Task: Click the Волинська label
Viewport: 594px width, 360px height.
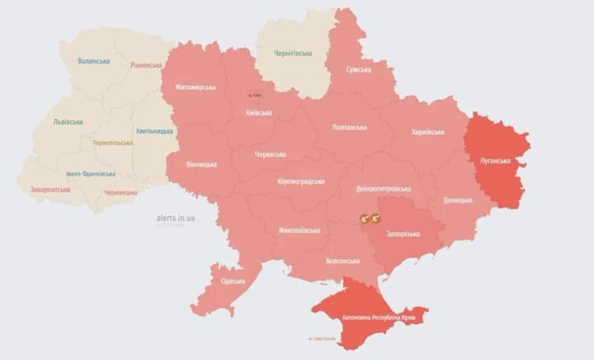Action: [94, 61]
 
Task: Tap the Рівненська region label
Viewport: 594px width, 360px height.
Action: [146, 64]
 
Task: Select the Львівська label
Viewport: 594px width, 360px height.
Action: [68, 121]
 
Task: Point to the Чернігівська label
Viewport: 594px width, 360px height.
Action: [293, 54]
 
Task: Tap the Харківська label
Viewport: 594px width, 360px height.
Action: [428, 131]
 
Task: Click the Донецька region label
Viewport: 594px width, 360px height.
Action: [458, 200]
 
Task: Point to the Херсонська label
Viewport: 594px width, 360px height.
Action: [342, 261]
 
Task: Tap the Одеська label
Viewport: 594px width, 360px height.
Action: [233, 281]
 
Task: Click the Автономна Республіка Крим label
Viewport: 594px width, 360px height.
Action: [373, 317]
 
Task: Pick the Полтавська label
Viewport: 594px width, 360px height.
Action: [349, 127]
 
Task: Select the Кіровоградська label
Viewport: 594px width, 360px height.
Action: [300, 182]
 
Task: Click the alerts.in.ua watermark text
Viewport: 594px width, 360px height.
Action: [175, 218]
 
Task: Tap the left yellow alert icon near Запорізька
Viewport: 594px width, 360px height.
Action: [365, 218]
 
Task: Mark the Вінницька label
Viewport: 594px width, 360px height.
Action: [201, 163]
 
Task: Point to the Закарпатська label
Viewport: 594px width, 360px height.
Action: [49, 189]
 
